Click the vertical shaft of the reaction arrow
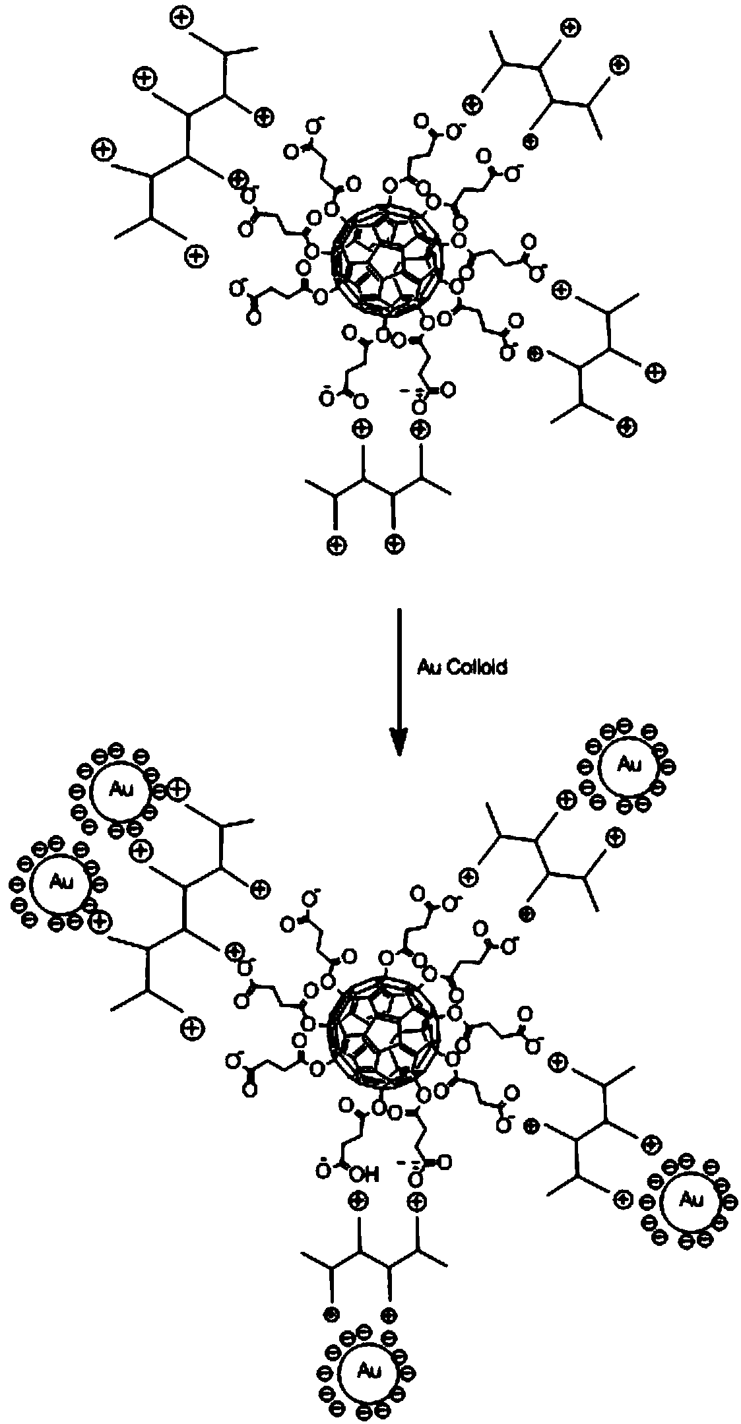tap(398, 666)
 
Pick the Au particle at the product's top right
tap(627, 765)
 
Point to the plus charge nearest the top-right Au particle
tap(566, 801)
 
